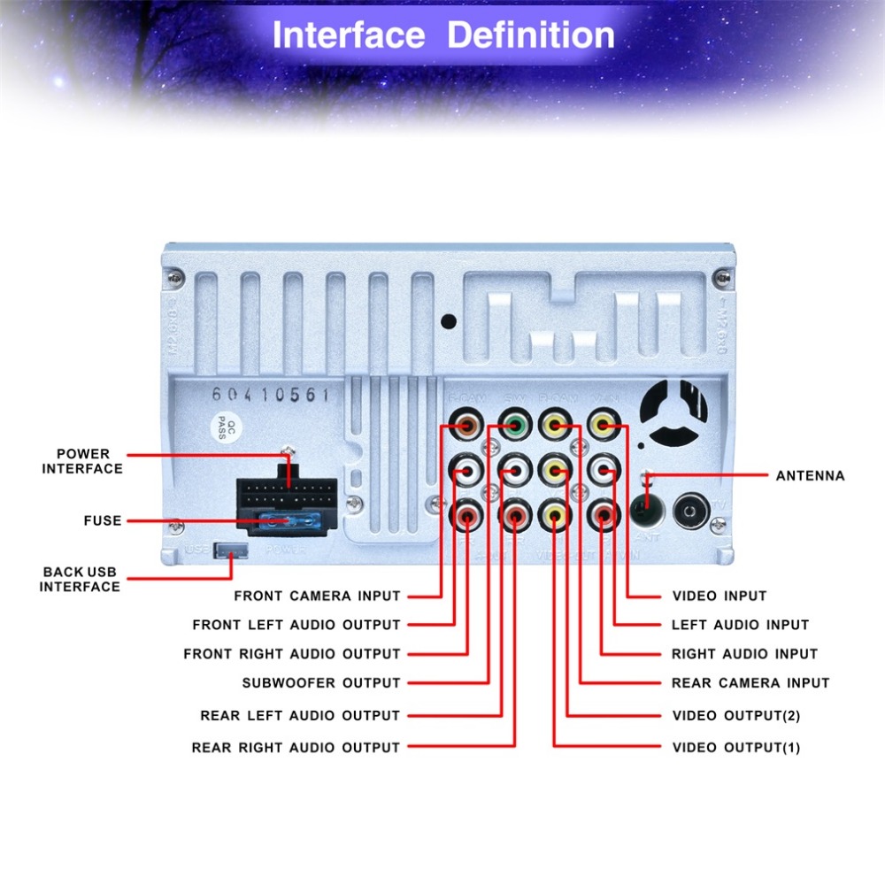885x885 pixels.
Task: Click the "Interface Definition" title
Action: point(442,35)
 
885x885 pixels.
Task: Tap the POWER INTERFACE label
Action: point(82,461)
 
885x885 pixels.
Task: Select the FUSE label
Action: point(103,520)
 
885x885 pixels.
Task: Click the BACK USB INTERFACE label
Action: point(80,579)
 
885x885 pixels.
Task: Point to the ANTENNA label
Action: point(810,476)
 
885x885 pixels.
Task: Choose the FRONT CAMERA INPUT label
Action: point(317,596)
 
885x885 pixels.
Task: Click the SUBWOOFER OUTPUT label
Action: point(321,683)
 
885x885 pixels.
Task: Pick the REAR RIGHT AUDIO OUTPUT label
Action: point(296,748)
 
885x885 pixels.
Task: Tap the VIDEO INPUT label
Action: point(719,596)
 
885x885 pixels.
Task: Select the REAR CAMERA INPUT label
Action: point(750,683)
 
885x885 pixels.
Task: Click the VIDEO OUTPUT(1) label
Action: point(735,748)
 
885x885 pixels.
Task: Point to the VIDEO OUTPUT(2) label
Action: point(735,715)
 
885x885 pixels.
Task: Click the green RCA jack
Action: point(513,426)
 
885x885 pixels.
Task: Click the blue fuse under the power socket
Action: point(285,522)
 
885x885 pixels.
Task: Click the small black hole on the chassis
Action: point(450,322)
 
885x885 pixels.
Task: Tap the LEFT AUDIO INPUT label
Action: point(740,625)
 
